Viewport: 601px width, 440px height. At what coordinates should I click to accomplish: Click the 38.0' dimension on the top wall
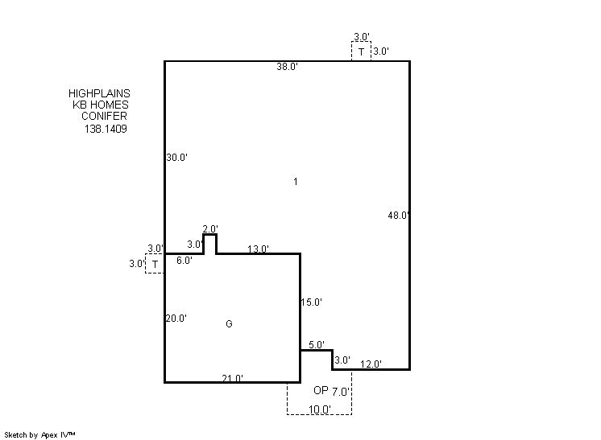[287, 67]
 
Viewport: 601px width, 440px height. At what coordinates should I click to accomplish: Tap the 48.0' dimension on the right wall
[398, 216]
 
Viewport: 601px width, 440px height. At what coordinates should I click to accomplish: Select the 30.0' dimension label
[176, 157]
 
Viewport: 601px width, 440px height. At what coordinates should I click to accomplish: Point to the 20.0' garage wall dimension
[176, 319]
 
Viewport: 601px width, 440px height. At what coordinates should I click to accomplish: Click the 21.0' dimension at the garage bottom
[232, 378]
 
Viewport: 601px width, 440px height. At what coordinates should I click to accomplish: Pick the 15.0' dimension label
[311, 302]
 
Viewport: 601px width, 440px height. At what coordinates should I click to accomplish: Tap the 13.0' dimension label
[258, 249]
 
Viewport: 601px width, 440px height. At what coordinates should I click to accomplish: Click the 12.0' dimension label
[371, 364]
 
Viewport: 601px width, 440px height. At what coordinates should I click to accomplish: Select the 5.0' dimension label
[317, 345]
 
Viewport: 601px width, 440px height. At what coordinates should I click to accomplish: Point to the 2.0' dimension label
[210, 229]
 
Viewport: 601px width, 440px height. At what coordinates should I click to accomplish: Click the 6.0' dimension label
[184, 261]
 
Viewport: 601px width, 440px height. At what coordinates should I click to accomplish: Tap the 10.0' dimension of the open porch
[320, 409]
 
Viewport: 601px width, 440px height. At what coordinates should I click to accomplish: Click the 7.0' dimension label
[340, 392]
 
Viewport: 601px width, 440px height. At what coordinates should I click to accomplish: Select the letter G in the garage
[229, 324]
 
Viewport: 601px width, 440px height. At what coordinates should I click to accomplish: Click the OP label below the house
[321, 390]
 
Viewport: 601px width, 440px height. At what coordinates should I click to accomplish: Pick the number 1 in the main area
[296, 181]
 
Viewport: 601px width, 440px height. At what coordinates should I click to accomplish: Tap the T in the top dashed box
[361, 51]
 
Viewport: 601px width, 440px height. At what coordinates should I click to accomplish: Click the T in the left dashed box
[155, 264]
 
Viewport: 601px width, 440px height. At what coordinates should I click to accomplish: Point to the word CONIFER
[104, 116]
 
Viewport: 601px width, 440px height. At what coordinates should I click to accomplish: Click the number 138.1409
[106, 129]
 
